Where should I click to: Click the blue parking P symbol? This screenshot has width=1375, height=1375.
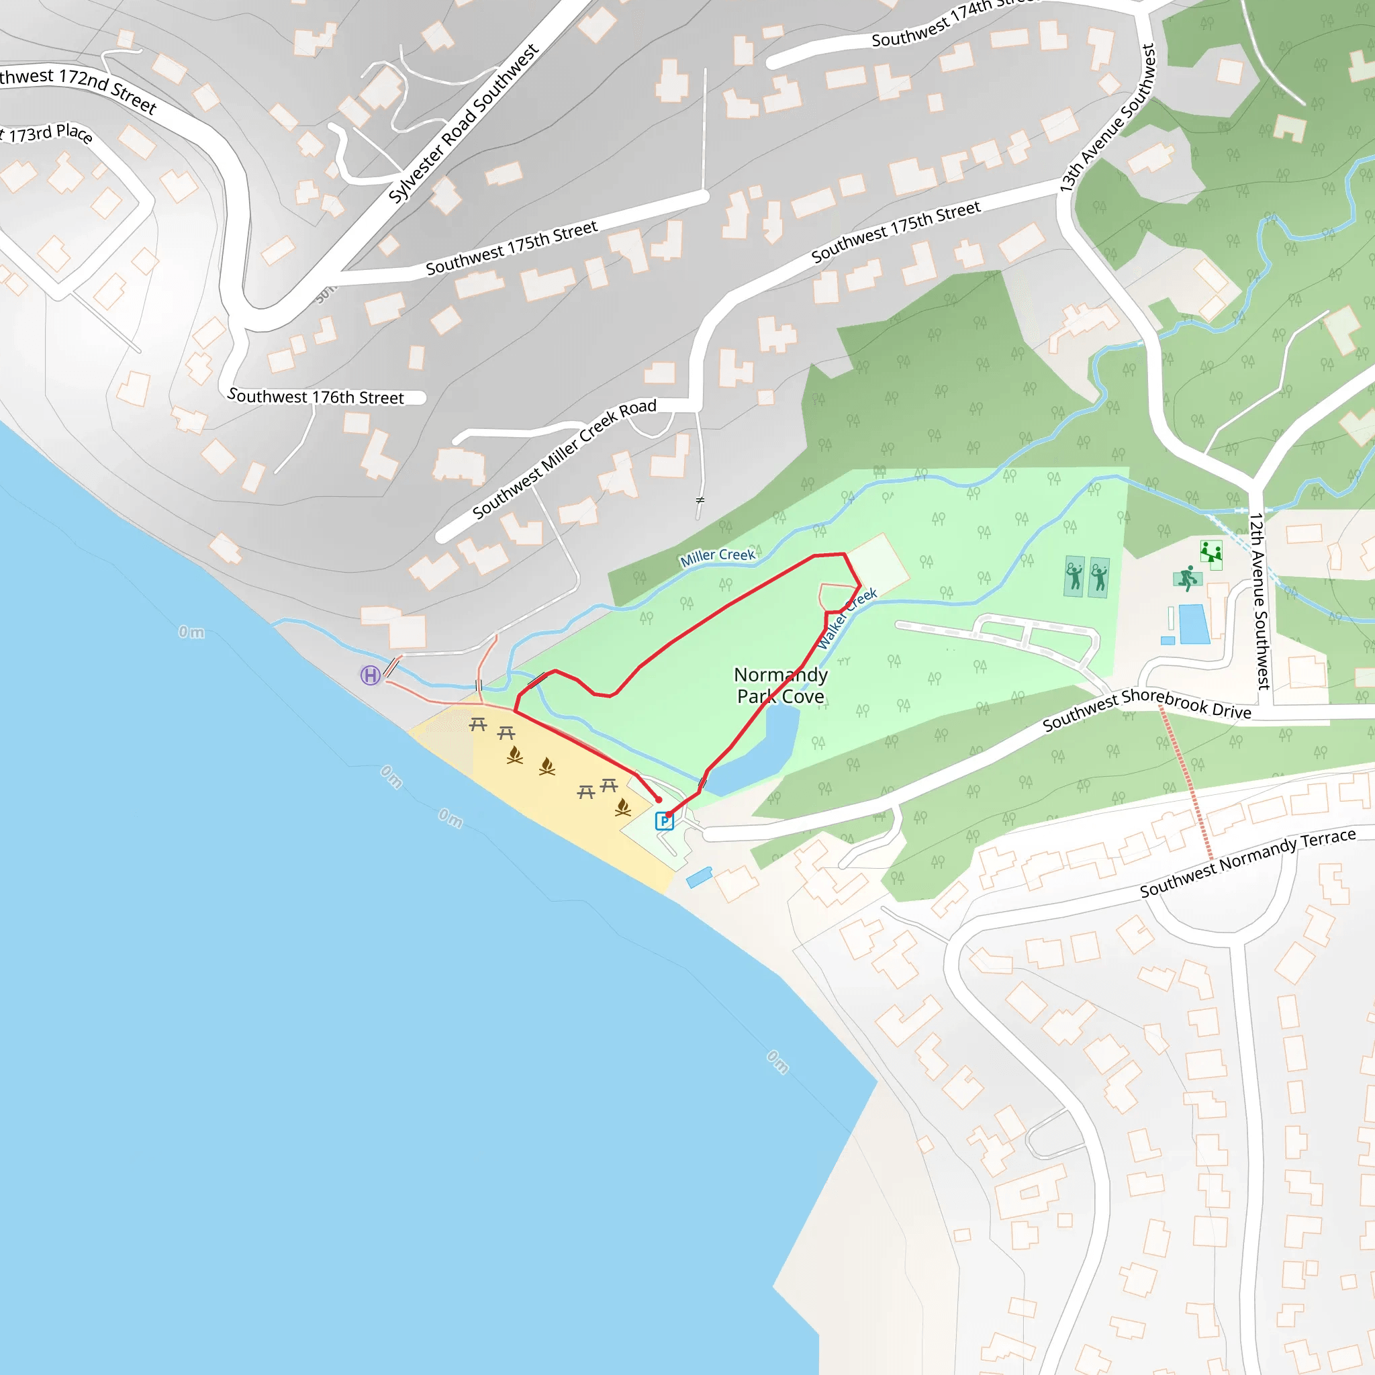coord(664,821)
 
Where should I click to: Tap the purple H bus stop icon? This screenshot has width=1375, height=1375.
coord(370,675)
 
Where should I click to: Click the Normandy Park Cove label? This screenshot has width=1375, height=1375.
coord(781,685)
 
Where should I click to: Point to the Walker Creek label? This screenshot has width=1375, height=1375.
coord(846,618)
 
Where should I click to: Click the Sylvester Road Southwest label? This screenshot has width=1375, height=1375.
coord(463,124)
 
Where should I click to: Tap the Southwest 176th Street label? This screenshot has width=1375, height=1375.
coord(316,397)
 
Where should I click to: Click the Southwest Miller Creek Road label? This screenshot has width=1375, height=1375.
coord(564,459)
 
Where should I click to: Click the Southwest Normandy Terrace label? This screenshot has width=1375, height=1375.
coord(1247,863)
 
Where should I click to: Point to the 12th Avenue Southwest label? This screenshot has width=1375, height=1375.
coord(1258,601)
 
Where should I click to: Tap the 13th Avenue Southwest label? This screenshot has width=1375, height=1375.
coord(1107,118)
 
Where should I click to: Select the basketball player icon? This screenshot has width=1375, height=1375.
coord(1187,578)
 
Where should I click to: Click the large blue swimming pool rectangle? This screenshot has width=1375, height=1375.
coord(1194,624)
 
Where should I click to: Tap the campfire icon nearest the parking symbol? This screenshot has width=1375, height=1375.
coord(623,806)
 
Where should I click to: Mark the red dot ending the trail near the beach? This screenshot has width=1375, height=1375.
coord(659,800)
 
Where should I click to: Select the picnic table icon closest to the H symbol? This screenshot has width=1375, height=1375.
coord(477,724)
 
